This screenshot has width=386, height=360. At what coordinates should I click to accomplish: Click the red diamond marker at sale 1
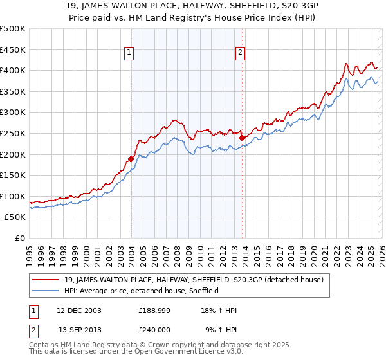[x=131, y=159]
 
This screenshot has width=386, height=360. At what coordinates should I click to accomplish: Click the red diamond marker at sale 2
[x=242, y=137]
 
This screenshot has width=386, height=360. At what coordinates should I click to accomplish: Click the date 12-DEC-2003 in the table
[x=79, y=310]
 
